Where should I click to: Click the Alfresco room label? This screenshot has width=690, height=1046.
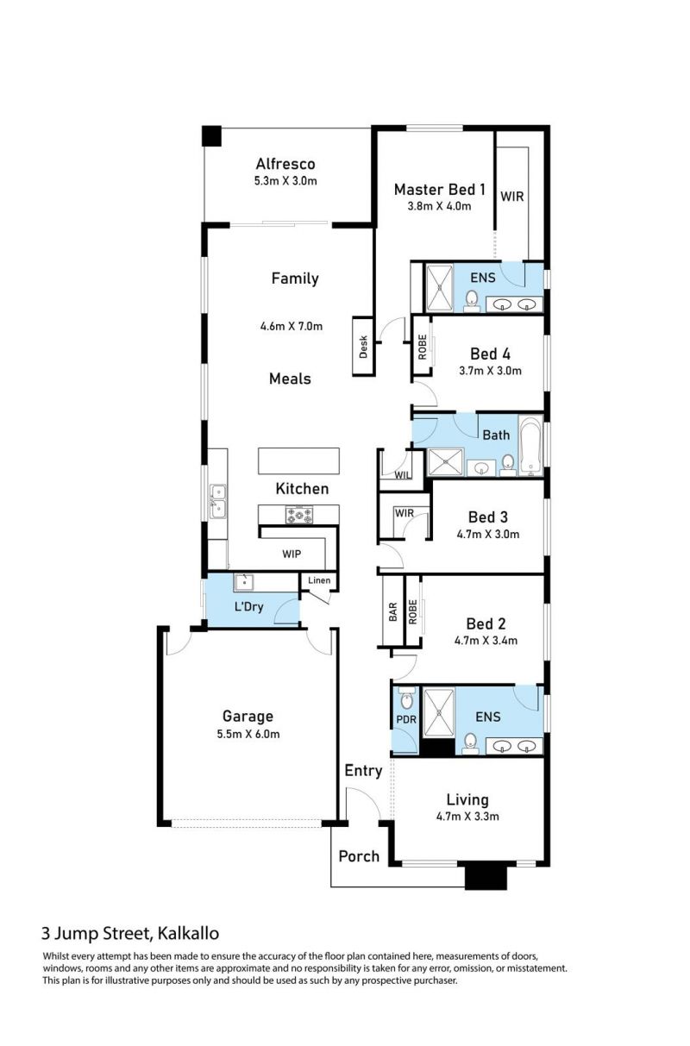(x=285, y=164)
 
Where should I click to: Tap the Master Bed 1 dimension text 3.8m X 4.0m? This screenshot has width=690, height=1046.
(x=439, y=206)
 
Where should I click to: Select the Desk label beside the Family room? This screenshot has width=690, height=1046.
(x=363, y=347)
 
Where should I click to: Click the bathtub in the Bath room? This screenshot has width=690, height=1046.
(x=530, y=445)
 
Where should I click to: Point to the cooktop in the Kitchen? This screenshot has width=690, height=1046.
(x=299, y=515)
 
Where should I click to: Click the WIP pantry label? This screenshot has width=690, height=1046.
(x=292, y=554)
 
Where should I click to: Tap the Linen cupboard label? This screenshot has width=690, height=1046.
(x=319, y=580)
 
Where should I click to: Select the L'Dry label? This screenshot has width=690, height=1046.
(x=249, y=606)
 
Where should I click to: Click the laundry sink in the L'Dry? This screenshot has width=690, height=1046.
(x=243, y=582)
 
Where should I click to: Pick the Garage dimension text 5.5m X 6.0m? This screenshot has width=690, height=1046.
(x=248, y=734)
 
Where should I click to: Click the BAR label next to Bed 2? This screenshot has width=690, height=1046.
(x=393, y=611)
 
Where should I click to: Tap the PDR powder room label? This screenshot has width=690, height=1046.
(x=406, y=719)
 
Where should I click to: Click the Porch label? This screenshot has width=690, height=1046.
(x=359, y=856)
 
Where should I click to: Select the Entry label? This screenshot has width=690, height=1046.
(x=363, y=771)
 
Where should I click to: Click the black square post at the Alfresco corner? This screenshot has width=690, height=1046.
(x=211, y=136)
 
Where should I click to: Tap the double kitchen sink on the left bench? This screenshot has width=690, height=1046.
(x=217, y=501)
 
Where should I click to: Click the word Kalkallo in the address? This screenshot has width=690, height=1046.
(x=188, y=933)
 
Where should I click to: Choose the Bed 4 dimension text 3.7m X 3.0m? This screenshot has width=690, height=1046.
(x=490, y=371)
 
